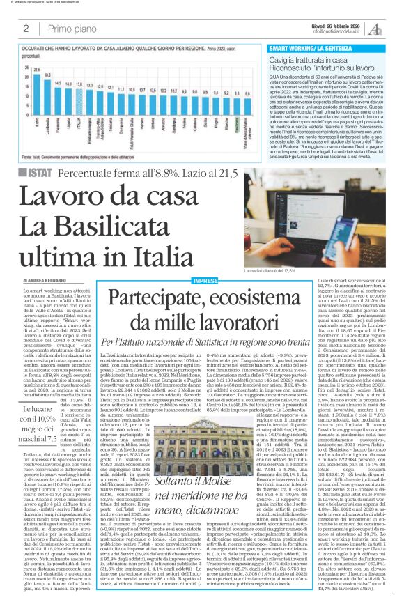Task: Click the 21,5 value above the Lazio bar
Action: coord(36,70)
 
